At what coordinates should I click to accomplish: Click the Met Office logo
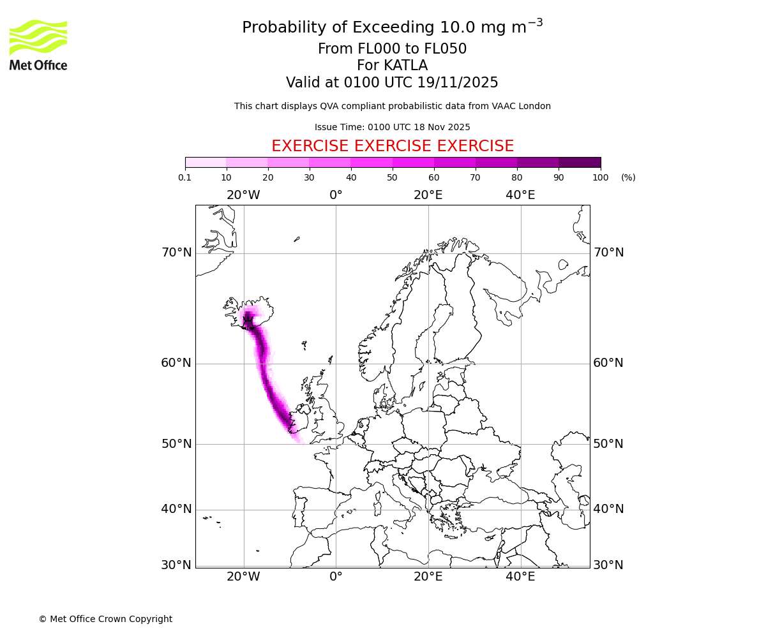pos(38,45)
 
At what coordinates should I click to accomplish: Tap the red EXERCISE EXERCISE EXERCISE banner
pos(393,146)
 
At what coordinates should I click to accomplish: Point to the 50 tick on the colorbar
pos(393,177)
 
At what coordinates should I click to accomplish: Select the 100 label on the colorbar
pos(600,177)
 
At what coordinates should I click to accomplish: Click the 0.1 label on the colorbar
pos(185,177)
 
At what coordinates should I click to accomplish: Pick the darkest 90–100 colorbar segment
pos(580,162)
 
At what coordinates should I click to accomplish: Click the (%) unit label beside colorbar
pos(628,177)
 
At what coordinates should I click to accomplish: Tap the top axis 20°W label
pos(243,195)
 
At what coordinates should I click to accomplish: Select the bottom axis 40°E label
pos(520,577)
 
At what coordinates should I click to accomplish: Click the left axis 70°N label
pos(176,253)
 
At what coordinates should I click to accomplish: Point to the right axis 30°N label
pos(608,565)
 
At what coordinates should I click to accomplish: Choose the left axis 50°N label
pos(176,444)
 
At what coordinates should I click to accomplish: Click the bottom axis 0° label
pos(336,577)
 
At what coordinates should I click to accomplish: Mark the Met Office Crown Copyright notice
pos(105,619)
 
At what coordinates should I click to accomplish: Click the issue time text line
pos(393,127)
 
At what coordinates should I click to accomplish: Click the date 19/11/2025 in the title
pos(458,83)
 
